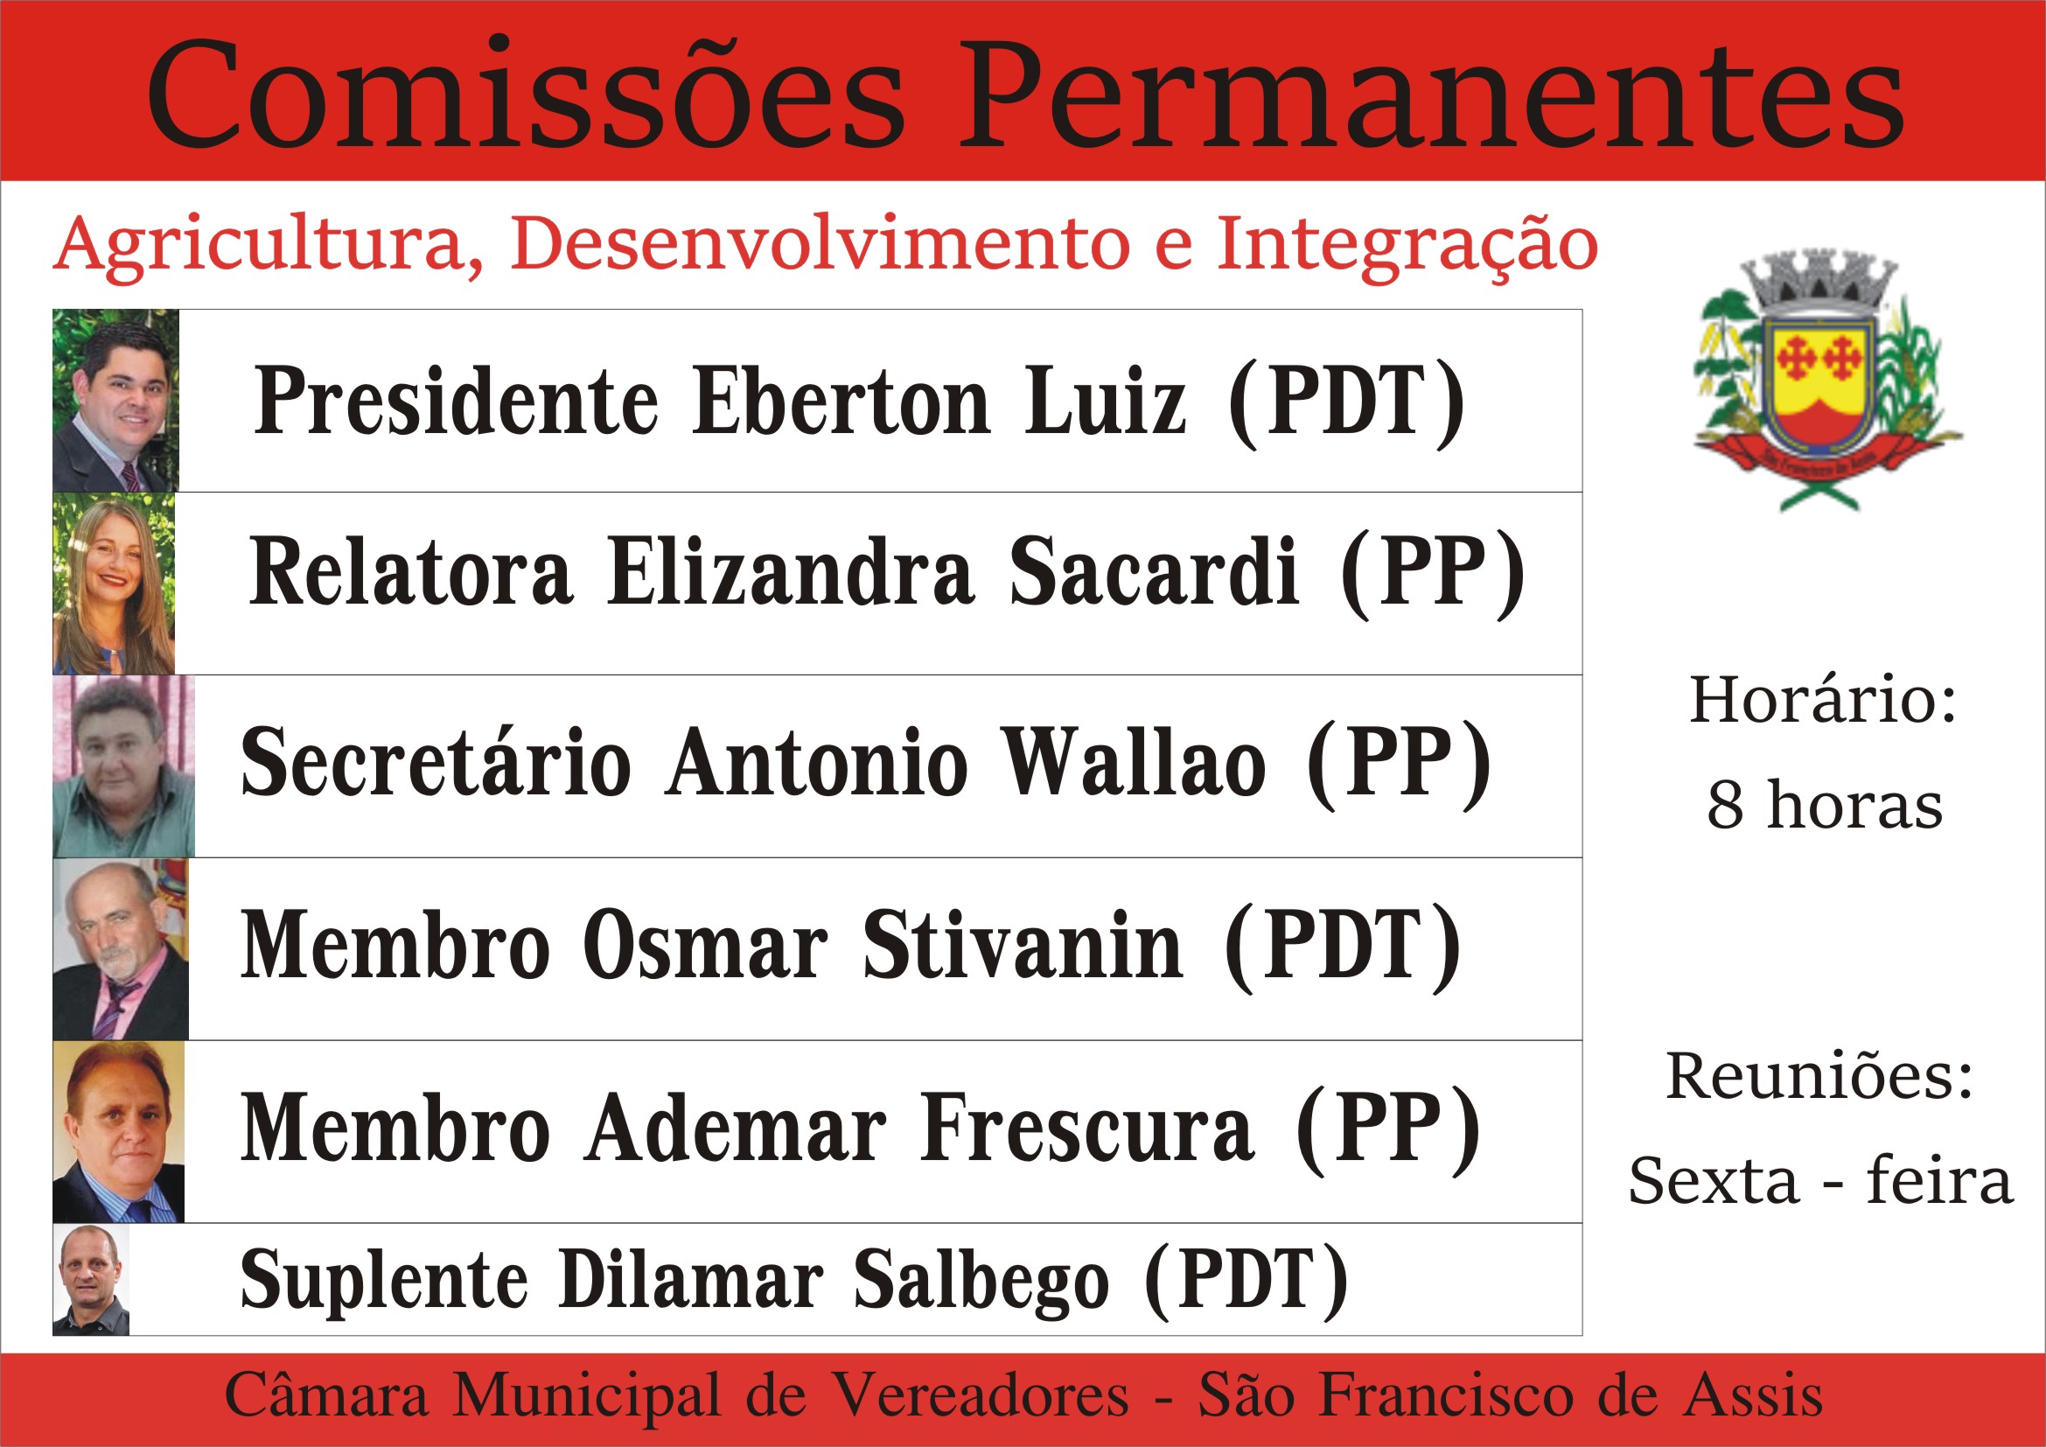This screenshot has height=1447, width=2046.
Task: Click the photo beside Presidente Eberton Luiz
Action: [115, 401]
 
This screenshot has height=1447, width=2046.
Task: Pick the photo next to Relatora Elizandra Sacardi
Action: [114, 584]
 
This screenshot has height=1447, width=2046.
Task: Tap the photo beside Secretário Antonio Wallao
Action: [123, 766]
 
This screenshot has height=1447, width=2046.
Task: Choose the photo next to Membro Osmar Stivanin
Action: [121, 949]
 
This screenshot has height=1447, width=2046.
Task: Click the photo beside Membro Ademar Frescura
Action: [118, 1131]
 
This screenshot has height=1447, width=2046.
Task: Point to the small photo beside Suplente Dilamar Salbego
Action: [91, 1280]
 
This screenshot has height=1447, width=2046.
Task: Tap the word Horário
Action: [1823, 701]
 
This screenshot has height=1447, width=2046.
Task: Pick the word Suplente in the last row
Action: [384, 1282]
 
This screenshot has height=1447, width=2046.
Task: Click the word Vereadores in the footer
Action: [981, 1395]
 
